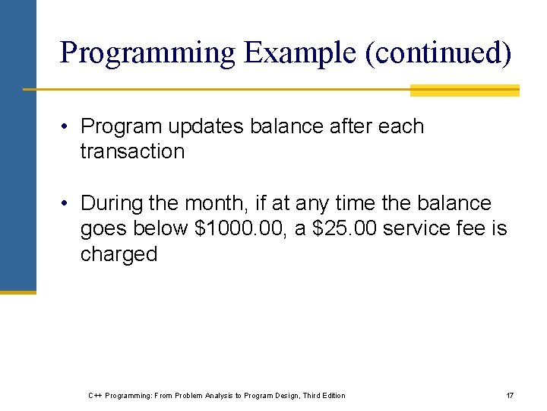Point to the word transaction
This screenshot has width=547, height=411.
pos(132,151)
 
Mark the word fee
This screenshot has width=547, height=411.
pos(473,229)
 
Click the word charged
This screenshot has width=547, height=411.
pos(119,254)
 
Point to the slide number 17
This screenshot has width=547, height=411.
pos(510,395)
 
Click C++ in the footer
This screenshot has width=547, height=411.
pos(95,395)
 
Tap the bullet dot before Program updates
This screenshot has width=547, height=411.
pos(68,127)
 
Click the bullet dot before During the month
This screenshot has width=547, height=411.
pos(68,204)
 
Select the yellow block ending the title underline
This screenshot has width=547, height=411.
pos(464,91)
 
